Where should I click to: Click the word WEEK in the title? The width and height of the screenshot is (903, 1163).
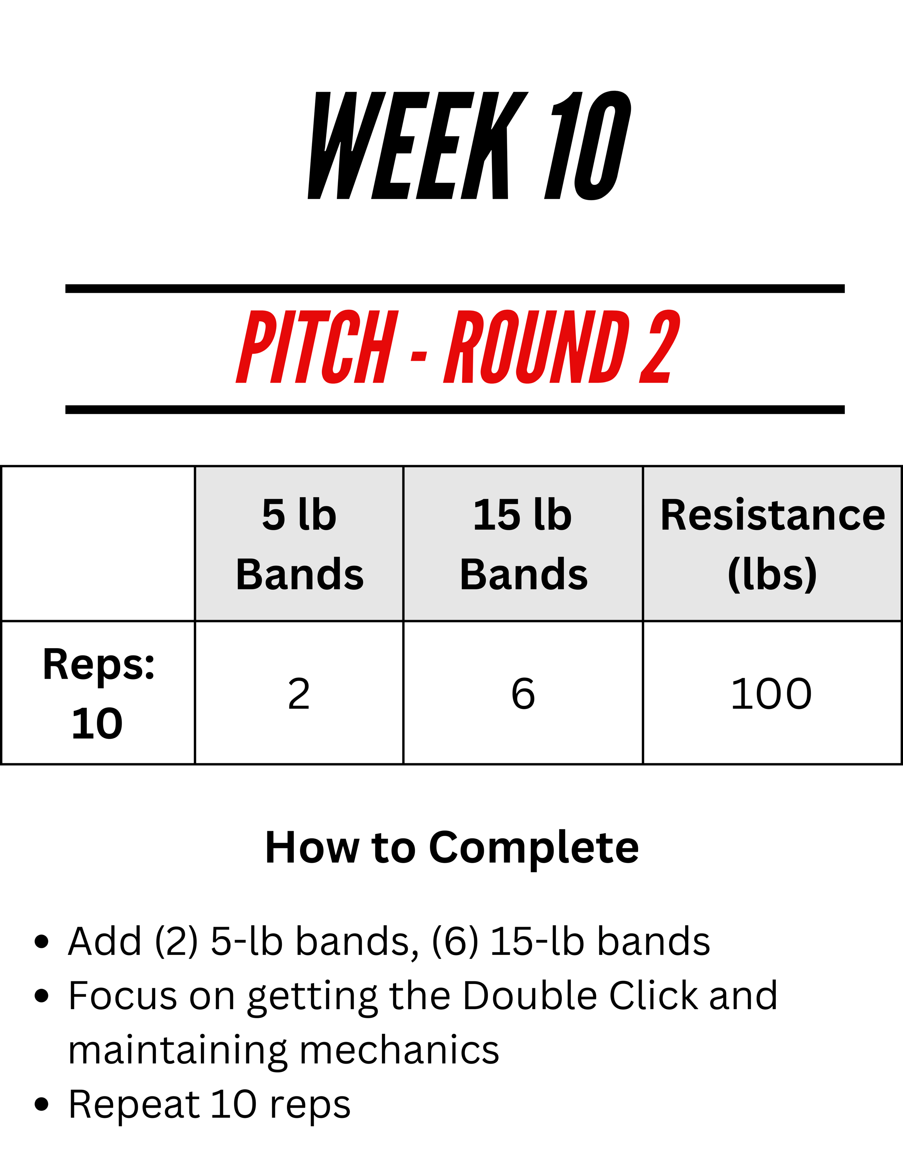(418, 145)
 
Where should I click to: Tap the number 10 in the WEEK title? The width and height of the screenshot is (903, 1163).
(588, 145)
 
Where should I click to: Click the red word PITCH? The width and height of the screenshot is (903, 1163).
(317, 347)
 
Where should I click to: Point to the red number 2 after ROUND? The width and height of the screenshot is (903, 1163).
(659, 347)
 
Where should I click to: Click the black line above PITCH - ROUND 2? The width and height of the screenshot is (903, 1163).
(455, 289)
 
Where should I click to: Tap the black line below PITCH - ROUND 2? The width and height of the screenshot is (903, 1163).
(455, 409)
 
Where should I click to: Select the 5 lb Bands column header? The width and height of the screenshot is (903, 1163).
(300, 544)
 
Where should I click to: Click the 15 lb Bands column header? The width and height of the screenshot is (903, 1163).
(523, 544)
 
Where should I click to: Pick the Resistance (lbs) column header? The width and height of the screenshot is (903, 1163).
(773, 544)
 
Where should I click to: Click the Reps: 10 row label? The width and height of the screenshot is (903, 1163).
(98, 693)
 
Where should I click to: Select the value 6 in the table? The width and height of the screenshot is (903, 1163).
(523, 694)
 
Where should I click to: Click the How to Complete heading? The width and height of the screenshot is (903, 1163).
(452, 847)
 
